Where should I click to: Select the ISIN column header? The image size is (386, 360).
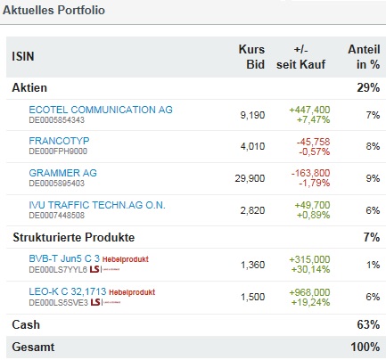coord(22,58)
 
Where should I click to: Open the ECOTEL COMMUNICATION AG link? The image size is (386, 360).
coord(101,109)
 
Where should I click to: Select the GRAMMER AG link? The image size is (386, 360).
coord(62,173)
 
